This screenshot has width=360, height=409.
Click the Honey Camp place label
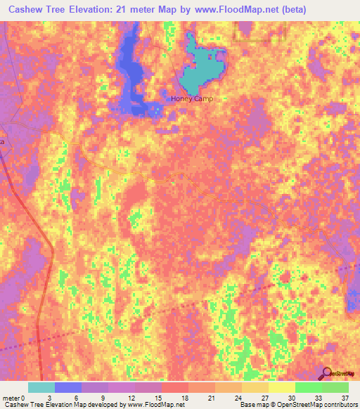click(191, 98)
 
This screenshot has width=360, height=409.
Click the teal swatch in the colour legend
click(41, 387)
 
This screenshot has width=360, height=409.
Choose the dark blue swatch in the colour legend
click(68, 387)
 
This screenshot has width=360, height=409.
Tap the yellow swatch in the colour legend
click(282, 387)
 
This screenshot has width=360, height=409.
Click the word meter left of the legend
click(11, 397)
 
